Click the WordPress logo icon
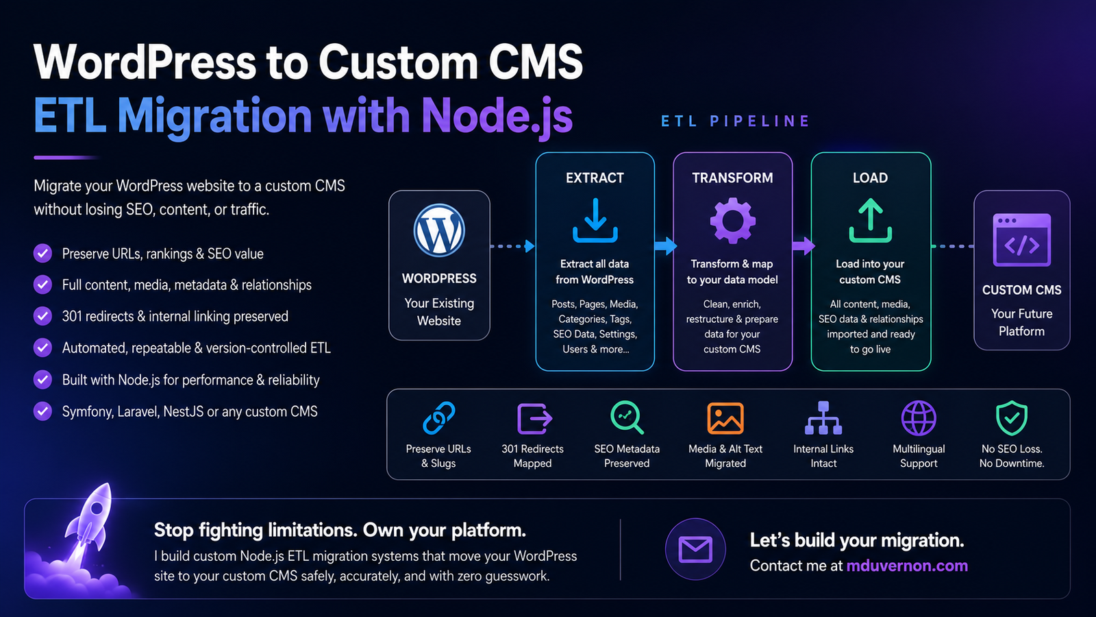pyautogui.click(x=439, y=230)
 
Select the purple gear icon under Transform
pyautogui.click(x=732, y=220)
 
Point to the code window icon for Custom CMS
pyautogui.click(x=1021, y=240)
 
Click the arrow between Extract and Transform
pyautogui.click(x=665, y=246)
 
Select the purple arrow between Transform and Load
pyautogui.click(x=804, y=246)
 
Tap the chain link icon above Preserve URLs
pyautogui.click(x=439, y=418)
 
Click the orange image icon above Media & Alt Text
pyautogui.click(x=725, y=418)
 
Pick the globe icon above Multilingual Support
pyautogui.click(x=919, y=418)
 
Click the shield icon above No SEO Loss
pyautogui.click(x=1011, y=418)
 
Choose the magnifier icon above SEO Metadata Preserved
pyautogui.click(x=627, y=418)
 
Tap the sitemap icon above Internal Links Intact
pyautogui.click(x=823, y=418)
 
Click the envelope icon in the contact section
pyautogui.click(x=695, y=549)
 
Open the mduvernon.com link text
pyautogui.click(x=907, y=566)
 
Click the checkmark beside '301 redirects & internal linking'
pyautogui.click(x=42, y=316)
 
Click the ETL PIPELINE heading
pyautogui.click(x=736, y=121)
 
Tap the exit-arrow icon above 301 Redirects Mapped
pyautogui.click(x=534, y=418)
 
